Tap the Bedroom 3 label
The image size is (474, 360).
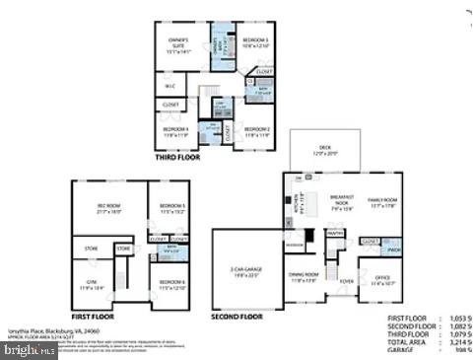point(255,42)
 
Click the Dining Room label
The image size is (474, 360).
point(303,276)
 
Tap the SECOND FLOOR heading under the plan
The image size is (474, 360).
point(237,317)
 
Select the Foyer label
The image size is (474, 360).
point(347,280)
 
